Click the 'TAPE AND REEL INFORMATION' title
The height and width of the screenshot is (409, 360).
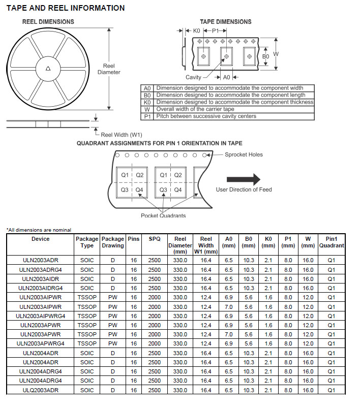pos(66,8)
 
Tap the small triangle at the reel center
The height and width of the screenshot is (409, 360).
pos(48,69)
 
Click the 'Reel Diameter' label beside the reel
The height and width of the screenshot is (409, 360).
pos(109,69)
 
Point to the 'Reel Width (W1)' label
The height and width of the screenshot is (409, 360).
pos(122,135)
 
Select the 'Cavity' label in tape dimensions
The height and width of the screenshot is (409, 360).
pos(193,77)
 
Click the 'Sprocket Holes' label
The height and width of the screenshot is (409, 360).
pos(244,154)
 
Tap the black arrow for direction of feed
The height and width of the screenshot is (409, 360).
pos(243,179)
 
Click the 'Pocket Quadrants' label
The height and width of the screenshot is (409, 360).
pos(163,215)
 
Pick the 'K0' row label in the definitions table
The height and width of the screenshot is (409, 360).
pos(147,102)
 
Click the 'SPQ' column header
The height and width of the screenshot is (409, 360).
pos(155,239)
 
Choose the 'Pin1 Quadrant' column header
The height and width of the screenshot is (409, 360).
pos(332,242)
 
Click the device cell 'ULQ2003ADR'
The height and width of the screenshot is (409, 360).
pos(41,390)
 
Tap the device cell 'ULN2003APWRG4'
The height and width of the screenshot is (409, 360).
pos(41,343)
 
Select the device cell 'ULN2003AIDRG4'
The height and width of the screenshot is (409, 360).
pos(41,288)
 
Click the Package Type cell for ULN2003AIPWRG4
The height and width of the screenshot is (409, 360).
pos(87,316)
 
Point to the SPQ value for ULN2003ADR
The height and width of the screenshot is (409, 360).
pos(155,261)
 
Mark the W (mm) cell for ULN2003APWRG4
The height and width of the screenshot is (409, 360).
pos(308,343)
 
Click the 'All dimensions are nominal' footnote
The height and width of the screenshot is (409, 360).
pos(39,230)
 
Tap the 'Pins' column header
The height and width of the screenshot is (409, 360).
pos(134,239)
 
